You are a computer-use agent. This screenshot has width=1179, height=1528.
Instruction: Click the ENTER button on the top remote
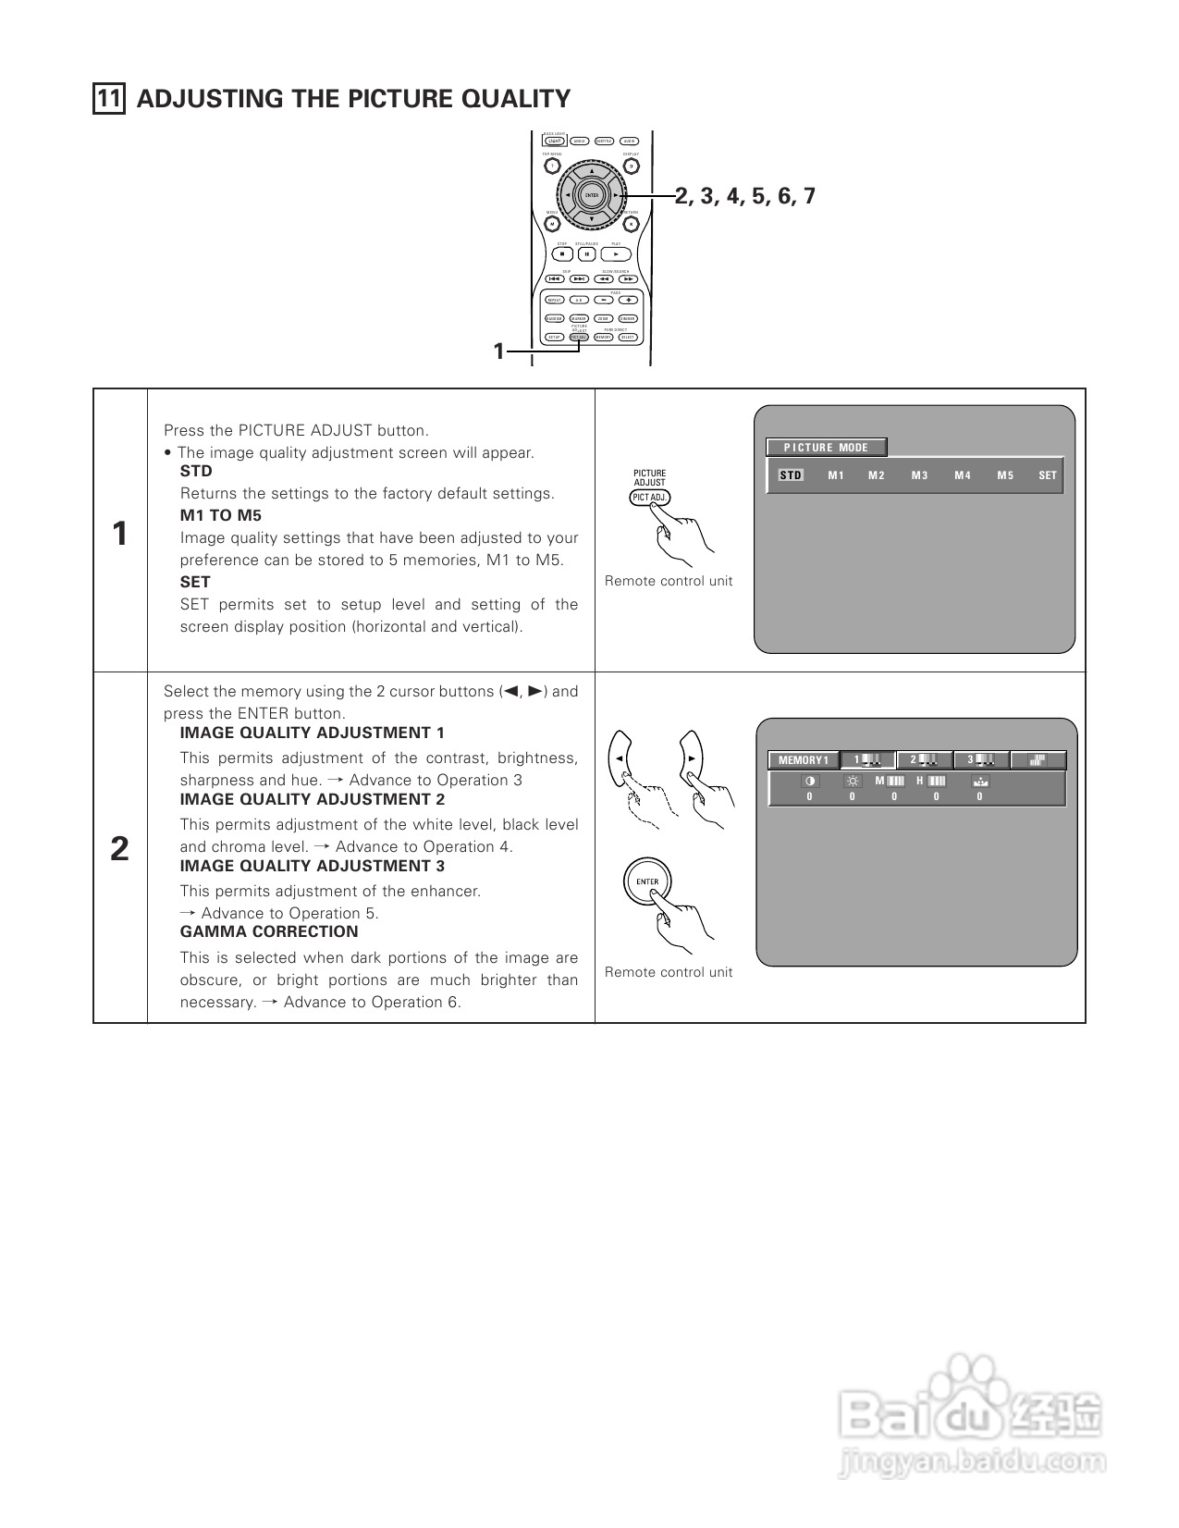[x=592, y=195]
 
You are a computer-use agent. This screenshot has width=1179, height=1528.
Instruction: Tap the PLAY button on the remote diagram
[x=616, y=254]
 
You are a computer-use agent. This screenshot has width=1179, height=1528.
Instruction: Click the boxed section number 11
[x=109, y=99]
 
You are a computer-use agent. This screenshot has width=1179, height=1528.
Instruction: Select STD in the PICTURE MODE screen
[x=791, y=475]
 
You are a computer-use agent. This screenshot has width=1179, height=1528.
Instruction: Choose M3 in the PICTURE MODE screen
[x=919, y=475]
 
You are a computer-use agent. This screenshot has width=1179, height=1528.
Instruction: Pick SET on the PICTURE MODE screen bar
[x=1047, y=475]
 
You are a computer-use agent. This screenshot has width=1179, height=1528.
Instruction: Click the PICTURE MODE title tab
[x=827, y=448]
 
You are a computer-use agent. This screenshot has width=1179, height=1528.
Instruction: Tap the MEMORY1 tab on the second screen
[x=803, y=760]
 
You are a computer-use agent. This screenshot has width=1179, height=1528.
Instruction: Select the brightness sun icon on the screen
[x=853, y=782]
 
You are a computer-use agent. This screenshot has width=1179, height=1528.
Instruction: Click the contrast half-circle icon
[x=810, y=782]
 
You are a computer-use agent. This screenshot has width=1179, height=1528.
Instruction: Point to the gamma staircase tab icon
[x=1038, y=760]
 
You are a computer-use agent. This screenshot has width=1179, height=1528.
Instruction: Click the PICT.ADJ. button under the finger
[x=649, y=498]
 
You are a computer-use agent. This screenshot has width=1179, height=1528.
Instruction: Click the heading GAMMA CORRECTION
[x=269, y=932]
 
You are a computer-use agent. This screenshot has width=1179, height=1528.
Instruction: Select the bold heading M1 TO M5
[x=221, y=516]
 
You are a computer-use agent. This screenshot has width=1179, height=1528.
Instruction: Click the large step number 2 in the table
[x=120, y=849]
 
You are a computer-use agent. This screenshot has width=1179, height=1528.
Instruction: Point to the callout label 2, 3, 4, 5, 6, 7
[x=745, y=196]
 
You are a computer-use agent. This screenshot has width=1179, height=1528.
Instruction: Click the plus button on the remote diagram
[x=629, y=300]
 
